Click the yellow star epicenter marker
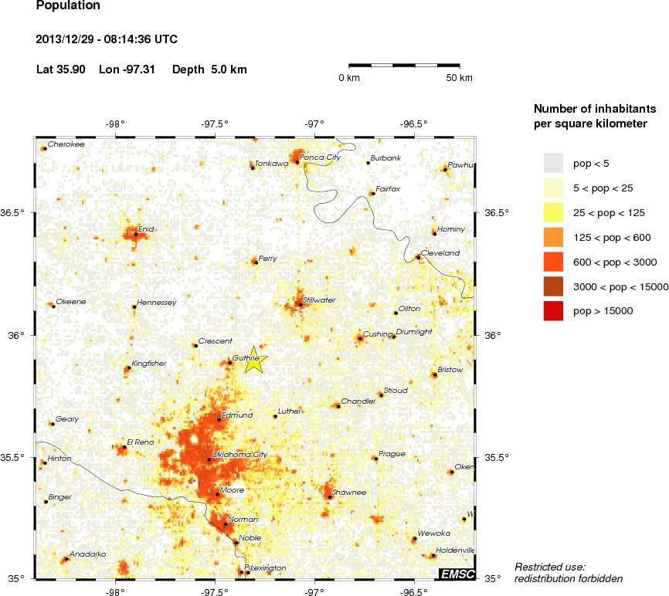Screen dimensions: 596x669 tap(256, 361)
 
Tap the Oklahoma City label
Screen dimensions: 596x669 tap(239, 455)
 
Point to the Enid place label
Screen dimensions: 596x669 tap(146, 229)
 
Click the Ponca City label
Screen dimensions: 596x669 tap(320, 157)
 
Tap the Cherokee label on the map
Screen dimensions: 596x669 tap(66, 144)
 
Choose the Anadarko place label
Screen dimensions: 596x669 tap(87, 554)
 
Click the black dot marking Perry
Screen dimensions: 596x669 tap(256, 262)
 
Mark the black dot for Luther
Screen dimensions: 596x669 tap(275, 416)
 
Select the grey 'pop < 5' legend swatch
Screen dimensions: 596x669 tap(554, 163)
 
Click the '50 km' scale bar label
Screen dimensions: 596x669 tap(460, 78)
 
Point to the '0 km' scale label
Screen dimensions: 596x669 tap(349, 78)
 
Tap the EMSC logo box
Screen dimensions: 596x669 tap(457, 574)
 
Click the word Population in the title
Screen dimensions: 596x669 tap(68, 6)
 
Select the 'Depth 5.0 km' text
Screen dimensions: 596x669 tap(209, 69)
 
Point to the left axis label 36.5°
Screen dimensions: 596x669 tap(19, 212)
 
